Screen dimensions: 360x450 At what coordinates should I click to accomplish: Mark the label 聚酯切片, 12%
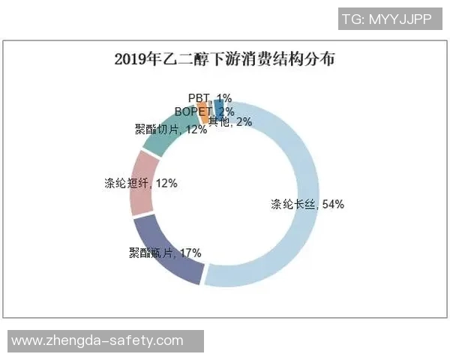pyautogui.click(x=158, y=130)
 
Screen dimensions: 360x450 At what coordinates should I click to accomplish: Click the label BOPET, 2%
pyautogui.click(x=201, y=111)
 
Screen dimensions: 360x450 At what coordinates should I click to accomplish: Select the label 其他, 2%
pyautogui.click(x=229, y=121)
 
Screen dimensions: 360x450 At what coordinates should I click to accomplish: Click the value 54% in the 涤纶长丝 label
pyautogui.click(x=331, y=204)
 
